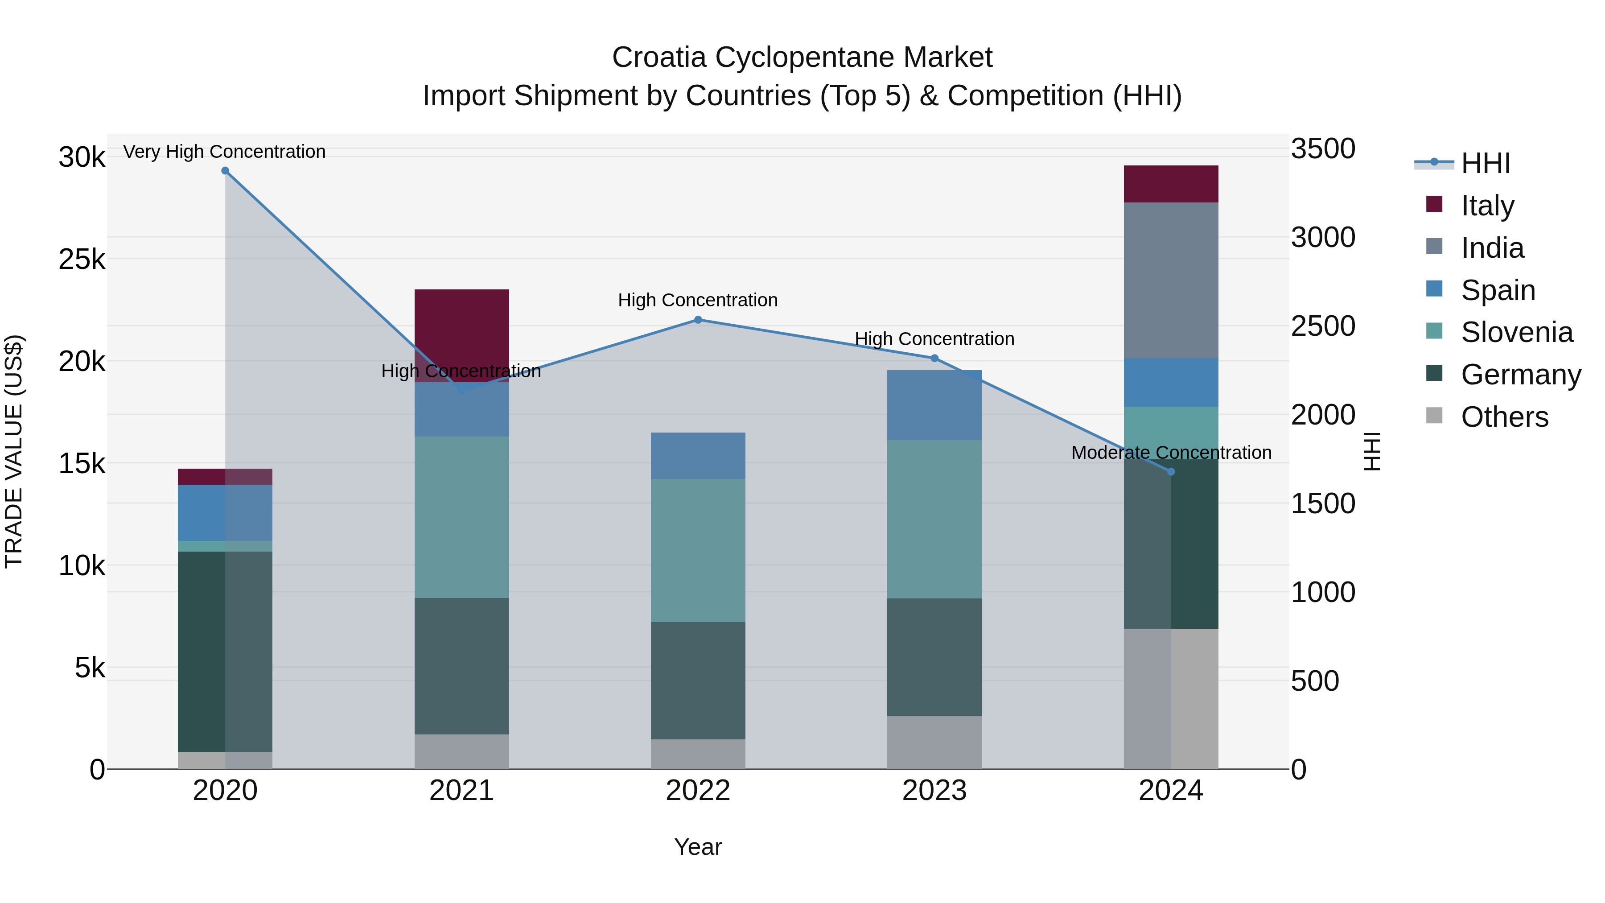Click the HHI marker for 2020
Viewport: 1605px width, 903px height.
pos(226,171)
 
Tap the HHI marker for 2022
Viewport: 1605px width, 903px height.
pos(698,320)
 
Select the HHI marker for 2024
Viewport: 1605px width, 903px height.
pos(1171,472)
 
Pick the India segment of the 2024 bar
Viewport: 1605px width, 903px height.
pos(1171,280)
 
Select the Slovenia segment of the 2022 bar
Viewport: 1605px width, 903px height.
pos(698,550)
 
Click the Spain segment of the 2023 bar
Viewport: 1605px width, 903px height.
pos(934,405)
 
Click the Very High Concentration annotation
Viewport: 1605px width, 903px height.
pos(224,152)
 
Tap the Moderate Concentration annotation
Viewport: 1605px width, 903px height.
pos(1171,453)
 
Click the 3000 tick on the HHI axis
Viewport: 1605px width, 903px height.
pos(1322,237)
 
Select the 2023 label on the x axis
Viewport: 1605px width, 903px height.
pos(934,791)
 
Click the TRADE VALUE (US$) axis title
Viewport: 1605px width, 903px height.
pos(14,451)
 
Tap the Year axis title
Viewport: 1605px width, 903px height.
pos(698,847)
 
